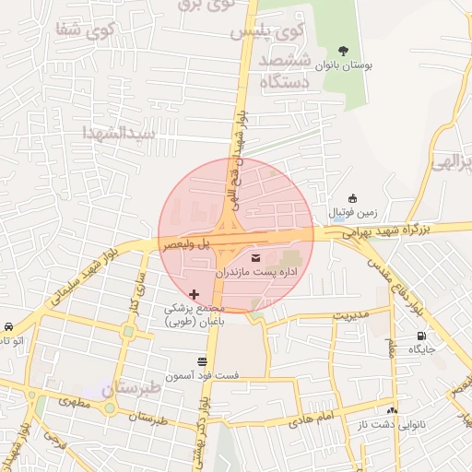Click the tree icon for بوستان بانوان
(343, 51)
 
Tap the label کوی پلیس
(266, 31)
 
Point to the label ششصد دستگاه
(289, 71)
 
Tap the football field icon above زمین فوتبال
(352, 198)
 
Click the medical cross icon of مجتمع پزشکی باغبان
(194, 293)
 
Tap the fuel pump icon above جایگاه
(421, 336)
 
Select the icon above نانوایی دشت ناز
(393, 410)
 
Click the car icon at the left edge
(8, 327)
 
